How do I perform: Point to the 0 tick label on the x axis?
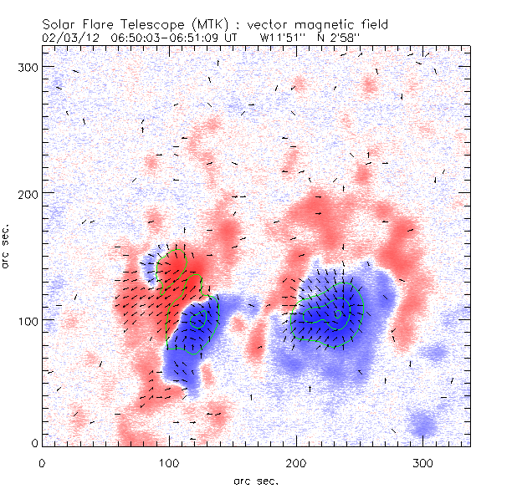point(42,462)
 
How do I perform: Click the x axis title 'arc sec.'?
point(255,480)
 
